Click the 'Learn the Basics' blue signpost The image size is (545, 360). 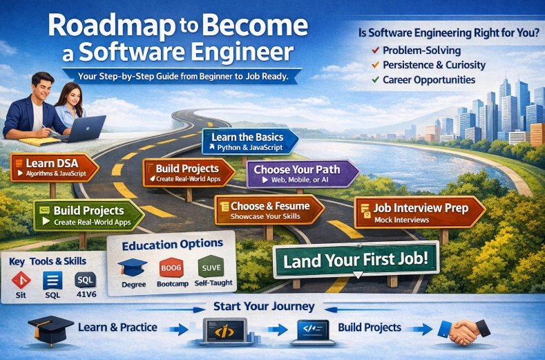[x=251, y=142]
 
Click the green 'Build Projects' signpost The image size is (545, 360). [x=87, y=215]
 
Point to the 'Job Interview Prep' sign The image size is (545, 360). [x=421, y=212]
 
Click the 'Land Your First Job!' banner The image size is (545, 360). [x=355, y=261]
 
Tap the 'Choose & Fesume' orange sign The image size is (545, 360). [x=267, y=210]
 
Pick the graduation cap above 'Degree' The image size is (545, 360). [x=133, y=267]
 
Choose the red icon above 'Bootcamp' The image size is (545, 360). [x=170, y=267]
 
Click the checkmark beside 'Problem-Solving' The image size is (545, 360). [x=374, y=51]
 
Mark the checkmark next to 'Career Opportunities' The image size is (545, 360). [x=374, y=80]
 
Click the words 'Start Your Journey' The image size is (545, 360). [x=264, y=306]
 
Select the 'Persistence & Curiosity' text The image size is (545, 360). [x=434, y=65]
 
